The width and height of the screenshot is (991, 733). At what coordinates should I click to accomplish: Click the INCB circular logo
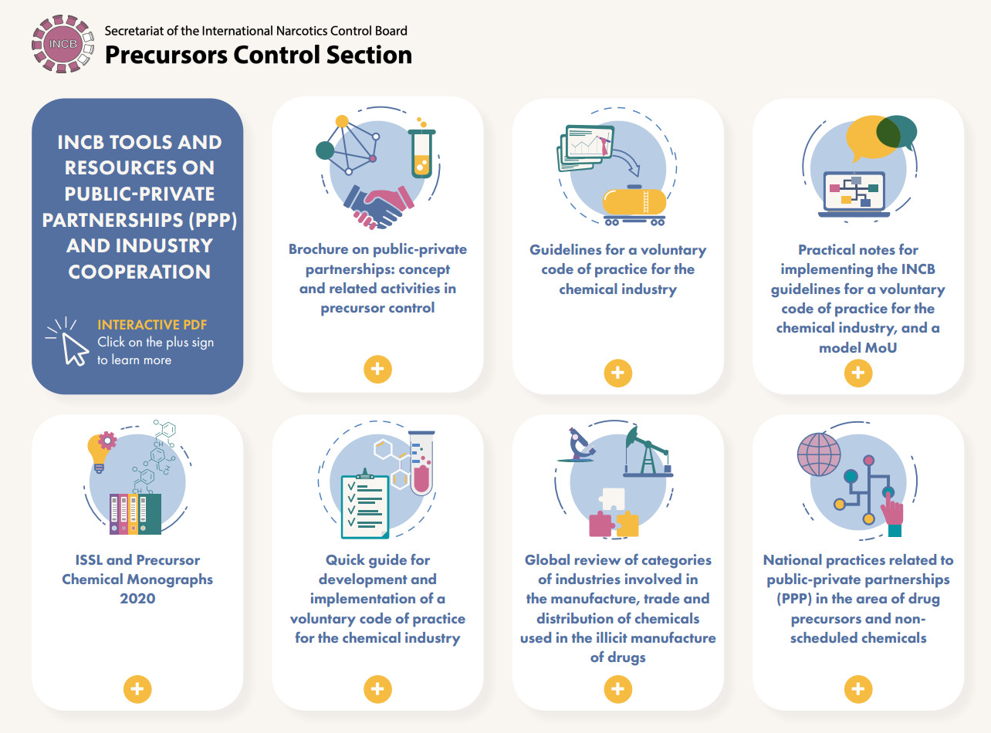pos(63,44)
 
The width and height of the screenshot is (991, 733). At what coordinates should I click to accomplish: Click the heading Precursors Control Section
pos(259,56)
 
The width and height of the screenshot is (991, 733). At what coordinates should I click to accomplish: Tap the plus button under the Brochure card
pos(377,370)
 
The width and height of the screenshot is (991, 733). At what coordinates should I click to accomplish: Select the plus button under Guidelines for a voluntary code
pos(618,373)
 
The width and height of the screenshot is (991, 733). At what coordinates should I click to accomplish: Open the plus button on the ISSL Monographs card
pos(137,689)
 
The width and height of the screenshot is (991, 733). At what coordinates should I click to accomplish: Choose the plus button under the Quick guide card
pos(377,689)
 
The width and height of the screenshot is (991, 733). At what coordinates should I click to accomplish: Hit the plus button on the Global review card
pos(618,689)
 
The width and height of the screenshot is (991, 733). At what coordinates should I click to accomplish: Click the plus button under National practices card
pos(857,689)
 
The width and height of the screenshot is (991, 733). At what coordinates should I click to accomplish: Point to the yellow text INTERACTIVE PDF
pos(152,325)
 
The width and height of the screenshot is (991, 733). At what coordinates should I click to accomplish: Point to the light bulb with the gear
pos(101,451)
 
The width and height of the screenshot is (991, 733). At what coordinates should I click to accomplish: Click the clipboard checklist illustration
pos(364,504)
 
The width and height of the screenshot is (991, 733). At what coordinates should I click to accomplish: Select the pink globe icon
pos(819,454)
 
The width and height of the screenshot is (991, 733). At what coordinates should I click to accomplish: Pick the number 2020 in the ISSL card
pos(137,599)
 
